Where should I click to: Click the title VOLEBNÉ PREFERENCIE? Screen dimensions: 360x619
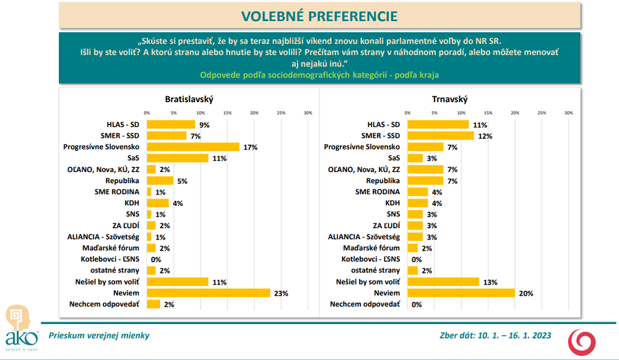coord(319,15)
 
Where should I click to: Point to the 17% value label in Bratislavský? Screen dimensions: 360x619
coord(250,147)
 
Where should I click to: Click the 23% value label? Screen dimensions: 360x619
coord(282,293)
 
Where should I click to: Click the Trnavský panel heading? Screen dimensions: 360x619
coord(449,99)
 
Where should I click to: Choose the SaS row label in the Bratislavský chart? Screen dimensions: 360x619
coord(133,158)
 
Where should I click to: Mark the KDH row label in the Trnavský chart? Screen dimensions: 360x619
coord(392,203)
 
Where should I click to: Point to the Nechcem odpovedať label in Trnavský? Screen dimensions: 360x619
coord(365,304)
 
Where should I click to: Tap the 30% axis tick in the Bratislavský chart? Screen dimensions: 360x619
coord(308,113)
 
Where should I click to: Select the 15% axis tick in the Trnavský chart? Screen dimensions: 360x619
coord(488,113)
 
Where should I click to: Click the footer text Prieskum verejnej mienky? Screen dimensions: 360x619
coord(99,336)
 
